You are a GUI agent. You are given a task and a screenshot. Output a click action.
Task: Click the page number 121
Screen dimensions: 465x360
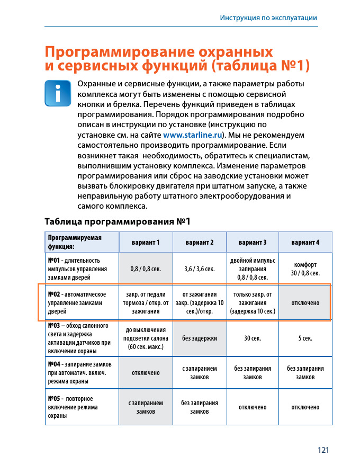[323, 450]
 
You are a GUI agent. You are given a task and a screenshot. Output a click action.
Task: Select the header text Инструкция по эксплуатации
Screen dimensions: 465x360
[268, 18]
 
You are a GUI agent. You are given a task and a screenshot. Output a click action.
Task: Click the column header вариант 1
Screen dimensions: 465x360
[146, 242]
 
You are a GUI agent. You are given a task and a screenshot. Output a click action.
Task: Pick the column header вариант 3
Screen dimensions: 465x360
[252, 242]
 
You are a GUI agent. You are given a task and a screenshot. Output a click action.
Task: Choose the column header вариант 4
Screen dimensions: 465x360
[305, 242]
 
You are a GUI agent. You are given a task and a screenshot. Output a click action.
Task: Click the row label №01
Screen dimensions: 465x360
[53, 260]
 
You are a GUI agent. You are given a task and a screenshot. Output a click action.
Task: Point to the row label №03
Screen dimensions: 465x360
[53, 326]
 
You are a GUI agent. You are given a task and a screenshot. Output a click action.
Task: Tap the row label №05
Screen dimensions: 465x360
[53, 399]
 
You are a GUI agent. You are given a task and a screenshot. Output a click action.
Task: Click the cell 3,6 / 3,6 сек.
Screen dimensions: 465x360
[199, 269]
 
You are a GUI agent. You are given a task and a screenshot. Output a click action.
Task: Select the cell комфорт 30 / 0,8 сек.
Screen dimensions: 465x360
[305, 269]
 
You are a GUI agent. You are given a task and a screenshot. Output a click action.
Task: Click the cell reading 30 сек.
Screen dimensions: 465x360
[252, 338]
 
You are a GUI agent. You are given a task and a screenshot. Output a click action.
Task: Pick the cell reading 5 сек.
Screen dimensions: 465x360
[305, 338]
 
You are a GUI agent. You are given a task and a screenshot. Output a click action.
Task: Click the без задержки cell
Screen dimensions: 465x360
[199, 338]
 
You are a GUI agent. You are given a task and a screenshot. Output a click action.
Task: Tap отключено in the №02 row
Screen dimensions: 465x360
[305, 303]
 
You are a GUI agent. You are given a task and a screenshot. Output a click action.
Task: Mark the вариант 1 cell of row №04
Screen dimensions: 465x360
[146, 373]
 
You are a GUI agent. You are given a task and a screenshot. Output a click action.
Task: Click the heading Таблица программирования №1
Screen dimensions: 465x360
[117, 221]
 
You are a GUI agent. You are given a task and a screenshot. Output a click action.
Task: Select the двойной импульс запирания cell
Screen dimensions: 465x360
[252, 269]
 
